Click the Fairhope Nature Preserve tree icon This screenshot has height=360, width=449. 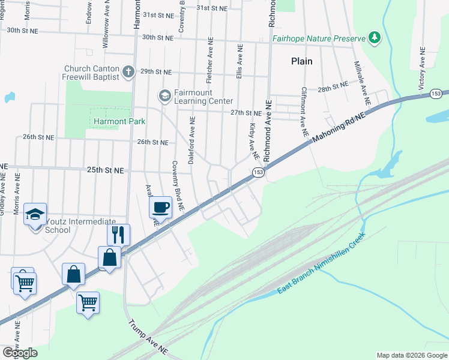[375, 38]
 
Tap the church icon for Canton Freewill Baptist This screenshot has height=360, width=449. [128, 72]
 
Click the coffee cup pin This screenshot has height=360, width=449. [160, 208]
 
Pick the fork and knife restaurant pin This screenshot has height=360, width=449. [118, 234]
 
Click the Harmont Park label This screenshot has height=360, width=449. [120, 121]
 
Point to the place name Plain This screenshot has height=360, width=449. [301, 61]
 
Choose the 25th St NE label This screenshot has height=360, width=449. [105, 170]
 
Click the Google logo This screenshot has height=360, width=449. [20, 353]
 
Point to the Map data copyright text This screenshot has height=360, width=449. [411, 355]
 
